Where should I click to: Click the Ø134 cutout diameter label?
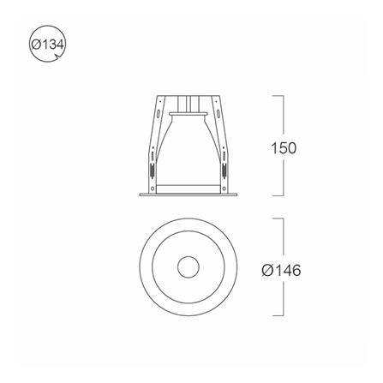(48, 45)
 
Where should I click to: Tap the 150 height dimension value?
(284, 148)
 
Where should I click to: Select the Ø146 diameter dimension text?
(281, 270)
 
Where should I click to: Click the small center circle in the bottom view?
(188, 266)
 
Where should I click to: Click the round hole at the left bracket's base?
(153, 189)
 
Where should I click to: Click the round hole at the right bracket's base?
(224, 189)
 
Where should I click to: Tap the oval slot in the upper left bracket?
(158, 113)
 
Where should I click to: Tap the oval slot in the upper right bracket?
(218, 113)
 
